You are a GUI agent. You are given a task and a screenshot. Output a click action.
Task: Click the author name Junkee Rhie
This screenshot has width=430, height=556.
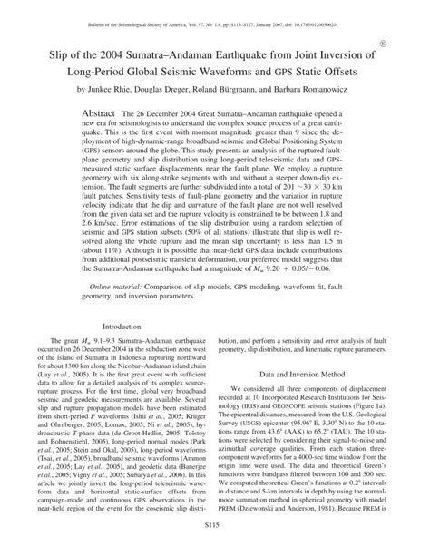[113, 91]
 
